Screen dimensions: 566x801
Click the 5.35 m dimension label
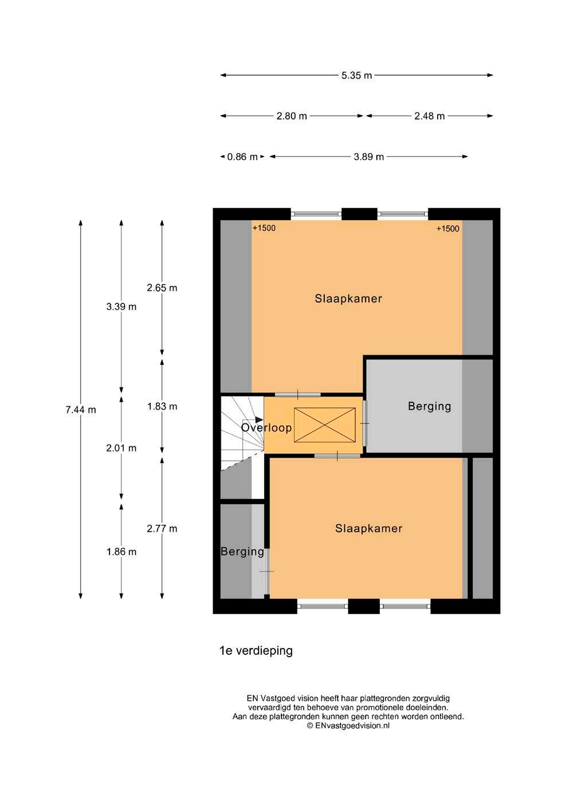[356, 76]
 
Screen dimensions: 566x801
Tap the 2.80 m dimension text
[292, 116]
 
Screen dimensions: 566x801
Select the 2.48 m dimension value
[430, 116]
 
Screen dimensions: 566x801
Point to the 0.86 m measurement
[242, 157]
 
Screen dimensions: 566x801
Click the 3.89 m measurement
[368, 157]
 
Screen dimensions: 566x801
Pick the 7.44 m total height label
[81, 410]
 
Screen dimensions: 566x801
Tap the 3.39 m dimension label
[121, 307]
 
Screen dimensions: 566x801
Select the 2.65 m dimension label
[162, 288]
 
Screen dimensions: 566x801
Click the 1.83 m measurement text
[162, 407]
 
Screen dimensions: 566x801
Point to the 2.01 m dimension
[121, 448]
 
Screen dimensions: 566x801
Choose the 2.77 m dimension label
[162, 528]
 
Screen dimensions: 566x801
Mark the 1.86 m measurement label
[121, 552]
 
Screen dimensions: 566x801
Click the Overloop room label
[266, 427]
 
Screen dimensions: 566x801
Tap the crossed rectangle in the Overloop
[325, 425]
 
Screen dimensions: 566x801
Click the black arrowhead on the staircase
[259, 419]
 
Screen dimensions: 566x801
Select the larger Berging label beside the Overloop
[430, 407]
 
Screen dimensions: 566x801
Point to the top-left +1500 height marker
[264, 228]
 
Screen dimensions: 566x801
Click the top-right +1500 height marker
[448, 229]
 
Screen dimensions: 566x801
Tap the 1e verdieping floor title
[256, 651]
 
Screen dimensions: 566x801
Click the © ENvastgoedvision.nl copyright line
[348, 725]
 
